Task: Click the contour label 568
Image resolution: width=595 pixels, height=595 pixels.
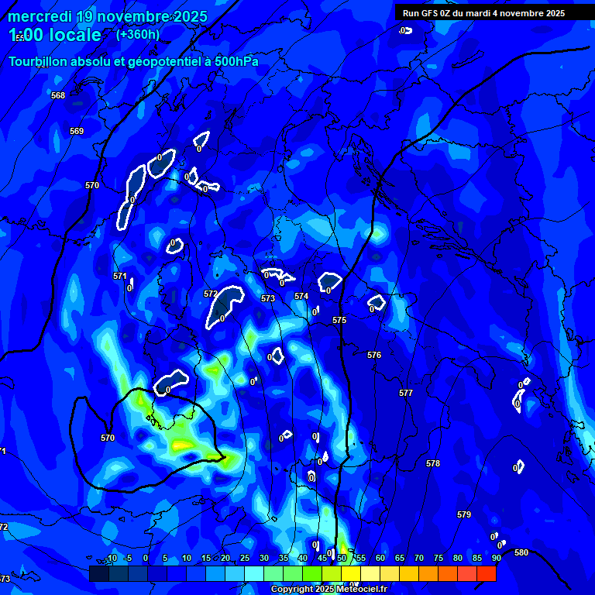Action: click(58, 95)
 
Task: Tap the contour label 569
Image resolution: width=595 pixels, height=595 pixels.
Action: click(77, 131)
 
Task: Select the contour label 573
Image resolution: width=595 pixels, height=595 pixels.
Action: click(268, 298)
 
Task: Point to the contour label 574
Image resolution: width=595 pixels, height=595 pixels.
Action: click(301, 296)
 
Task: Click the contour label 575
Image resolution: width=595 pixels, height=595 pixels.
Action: click(339, 320)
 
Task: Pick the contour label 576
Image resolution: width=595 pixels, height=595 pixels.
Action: click(374, 355)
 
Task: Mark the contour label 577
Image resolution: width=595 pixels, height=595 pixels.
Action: click(406, 393)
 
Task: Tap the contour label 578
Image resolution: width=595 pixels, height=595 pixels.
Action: click(433, 463)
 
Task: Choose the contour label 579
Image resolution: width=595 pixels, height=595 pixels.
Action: click(464, 514)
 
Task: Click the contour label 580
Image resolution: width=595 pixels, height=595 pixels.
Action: click(521, 552)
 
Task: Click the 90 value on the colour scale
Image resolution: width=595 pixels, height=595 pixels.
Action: click(496, 558)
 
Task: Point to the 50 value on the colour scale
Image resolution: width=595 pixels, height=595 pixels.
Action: click(342, 558)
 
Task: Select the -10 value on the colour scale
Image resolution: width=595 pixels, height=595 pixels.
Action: click(112, 558)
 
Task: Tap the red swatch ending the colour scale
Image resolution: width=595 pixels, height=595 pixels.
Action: click(487, 573)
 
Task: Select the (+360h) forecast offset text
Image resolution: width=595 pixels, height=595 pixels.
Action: click(138, 34)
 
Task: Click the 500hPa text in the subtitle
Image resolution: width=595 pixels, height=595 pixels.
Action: click(232, 61)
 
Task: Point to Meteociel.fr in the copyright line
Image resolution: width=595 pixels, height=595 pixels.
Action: click(367, 590)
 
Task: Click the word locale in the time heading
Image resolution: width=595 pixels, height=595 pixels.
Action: click(73, 35)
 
